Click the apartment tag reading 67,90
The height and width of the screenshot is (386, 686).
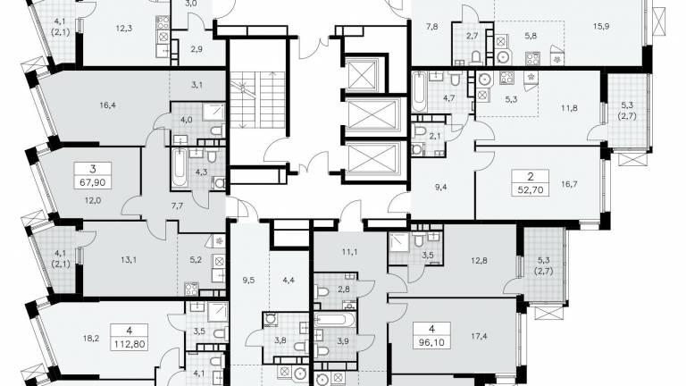tap(93, 175)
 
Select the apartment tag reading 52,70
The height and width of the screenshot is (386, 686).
tap(531, 183)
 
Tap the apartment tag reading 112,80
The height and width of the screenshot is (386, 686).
tap(129, 337)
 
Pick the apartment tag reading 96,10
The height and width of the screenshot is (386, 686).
tap(431, 335)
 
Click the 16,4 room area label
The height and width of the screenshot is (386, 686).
tap(107, 105)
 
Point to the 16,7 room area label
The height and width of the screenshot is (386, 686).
tap(569, 184)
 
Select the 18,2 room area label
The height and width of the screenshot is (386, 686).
tap(91, 338)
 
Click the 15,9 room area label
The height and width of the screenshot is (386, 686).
tap(601, 26)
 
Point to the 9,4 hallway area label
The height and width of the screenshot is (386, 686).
tap(439, 187)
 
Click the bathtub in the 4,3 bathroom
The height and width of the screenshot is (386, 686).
tap(180, 168)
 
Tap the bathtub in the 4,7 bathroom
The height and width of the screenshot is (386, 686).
tap(419, 93)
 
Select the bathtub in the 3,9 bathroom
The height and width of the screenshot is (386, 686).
tap(336, 319)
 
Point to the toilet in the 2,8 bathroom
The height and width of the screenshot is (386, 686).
tap(322, 291)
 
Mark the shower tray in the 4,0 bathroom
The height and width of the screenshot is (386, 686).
tap(213, 113)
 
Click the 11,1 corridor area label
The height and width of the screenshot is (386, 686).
tap(350, 251)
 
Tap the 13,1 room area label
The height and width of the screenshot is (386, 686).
tap(129, 259)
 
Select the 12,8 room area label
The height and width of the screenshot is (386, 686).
tap(480, 260)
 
